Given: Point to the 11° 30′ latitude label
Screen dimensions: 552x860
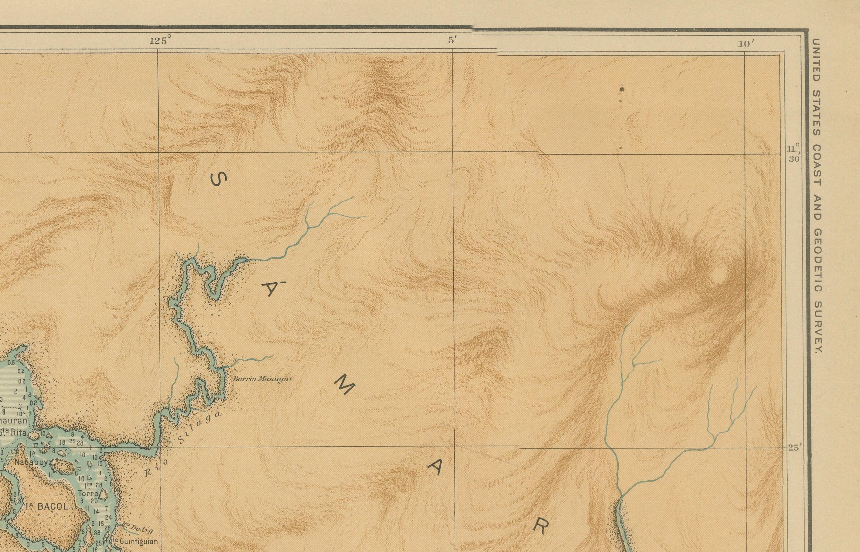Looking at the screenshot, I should pyautogui.click(x=793, y=153).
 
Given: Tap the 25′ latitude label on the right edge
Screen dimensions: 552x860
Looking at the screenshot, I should pyautogui.click(x=793, y=447).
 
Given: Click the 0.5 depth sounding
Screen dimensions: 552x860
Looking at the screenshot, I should pyautogui.click(x=11, y=363).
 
